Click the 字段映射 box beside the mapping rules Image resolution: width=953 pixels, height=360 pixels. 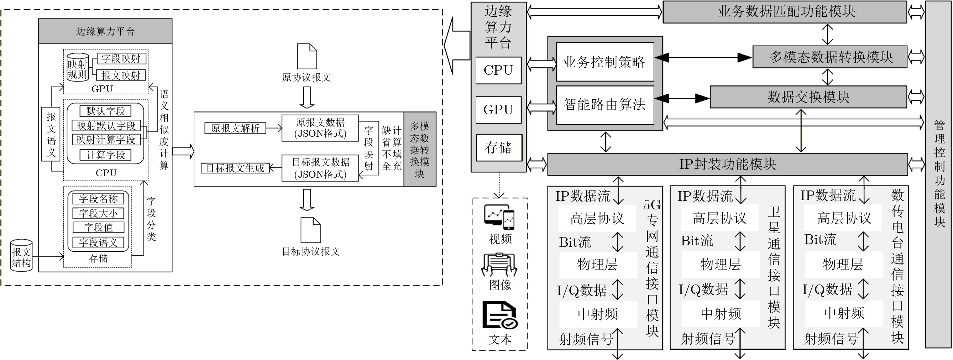pos(121,58)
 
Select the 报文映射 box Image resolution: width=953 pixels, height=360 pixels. pos(121,75)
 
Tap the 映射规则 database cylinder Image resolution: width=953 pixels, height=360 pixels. pos(78,67)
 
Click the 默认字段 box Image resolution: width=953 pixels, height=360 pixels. pos(105,111)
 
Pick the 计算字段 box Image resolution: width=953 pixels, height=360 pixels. pos(105,155)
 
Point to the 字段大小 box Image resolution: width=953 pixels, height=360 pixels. pos(98,213)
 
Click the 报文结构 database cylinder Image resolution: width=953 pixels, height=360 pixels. pos(21,256)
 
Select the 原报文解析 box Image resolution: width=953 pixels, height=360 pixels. pos(235,129)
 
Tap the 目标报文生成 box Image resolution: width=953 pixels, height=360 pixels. pos(235,168)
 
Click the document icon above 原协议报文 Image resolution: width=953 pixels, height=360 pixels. pos(307,56)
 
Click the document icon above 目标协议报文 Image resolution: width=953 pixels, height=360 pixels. pos(310,230)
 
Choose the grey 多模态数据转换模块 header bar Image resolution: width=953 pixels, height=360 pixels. pos(830,57)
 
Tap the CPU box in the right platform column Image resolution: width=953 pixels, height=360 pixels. pos(498,70)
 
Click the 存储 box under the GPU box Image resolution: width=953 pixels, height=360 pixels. pos(499,148)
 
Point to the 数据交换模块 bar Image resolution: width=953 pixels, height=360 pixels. pos(808,97)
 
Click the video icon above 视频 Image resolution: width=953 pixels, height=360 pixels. pos(499,217)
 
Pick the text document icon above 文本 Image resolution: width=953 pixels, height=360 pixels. pos(500,315)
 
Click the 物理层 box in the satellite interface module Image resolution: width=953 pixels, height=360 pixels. pos(720,265)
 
